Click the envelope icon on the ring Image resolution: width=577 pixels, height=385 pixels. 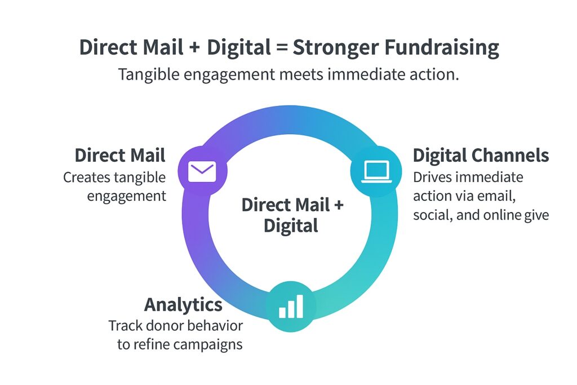click(x=202, y=171)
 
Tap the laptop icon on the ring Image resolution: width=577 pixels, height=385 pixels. click(x=376, y=171)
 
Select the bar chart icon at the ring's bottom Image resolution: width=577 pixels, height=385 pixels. click(x=291, y=306)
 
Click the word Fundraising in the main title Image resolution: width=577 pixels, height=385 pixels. click(x=442, y=48)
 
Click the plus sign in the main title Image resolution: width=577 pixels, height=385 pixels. click(x=195, y=48)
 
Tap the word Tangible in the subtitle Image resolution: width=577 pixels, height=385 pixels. click(x=149, y=75)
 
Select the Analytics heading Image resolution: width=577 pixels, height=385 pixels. click(x=183, y=305)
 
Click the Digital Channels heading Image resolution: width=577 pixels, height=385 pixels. click(x=481, y=156)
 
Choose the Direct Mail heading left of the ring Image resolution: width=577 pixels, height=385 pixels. click(x=120, y=155)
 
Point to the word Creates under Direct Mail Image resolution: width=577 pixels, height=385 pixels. click(x=86, y=178)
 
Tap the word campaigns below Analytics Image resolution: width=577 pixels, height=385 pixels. click(x=208, y=345)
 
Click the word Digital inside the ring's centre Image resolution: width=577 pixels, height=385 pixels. click(x=291, y=225)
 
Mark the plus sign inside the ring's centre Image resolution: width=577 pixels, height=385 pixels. click(x=339, y=205)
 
